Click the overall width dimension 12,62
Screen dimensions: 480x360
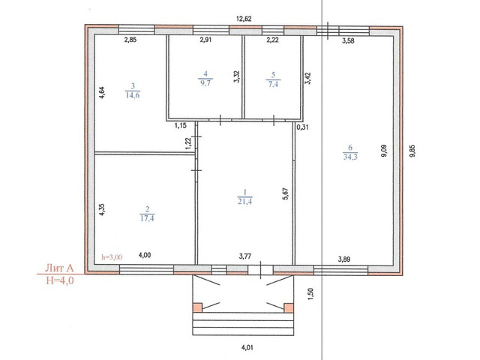point(244,19)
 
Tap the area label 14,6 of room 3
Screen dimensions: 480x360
point(133,95)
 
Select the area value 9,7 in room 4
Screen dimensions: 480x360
point(205,82)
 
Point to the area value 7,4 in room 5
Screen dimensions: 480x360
point(273,84)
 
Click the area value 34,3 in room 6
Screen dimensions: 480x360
point(350,157)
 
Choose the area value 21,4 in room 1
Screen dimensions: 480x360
point(245,201)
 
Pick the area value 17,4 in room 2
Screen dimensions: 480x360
point(147,218)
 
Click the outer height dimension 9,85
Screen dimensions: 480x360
point(412,151)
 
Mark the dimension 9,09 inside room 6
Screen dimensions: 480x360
point(384,151)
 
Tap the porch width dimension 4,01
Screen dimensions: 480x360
point(247,347)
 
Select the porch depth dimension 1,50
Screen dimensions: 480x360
point(310,294)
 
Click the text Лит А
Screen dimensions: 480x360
point(59,268)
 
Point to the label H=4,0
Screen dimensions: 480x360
point(60,280)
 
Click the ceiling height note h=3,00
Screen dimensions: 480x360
point(112,257)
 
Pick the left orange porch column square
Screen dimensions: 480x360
point(198,307)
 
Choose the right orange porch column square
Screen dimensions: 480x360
point(289,307)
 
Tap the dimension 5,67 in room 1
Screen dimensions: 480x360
point(285,194)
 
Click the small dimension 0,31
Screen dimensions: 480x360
point(302,127)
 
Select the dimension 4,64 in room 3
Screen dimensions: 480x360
point(102,93)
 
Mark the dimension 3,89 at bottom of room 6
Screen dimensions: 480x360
point(344,259)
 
